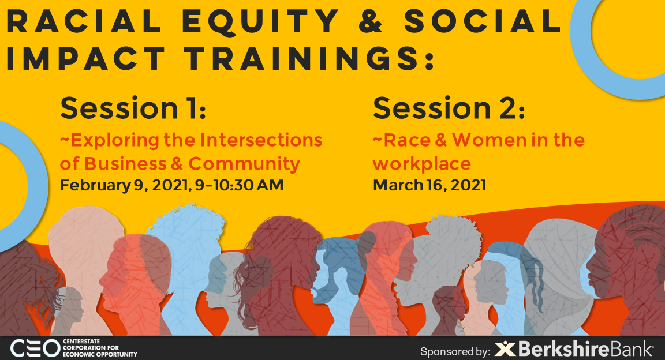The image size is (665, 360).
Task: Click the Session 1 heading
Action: (133, 108)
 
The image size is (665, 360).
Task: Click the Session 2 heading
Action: (449, 108)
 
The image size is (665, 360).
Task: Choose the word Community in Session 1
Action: (244, 163)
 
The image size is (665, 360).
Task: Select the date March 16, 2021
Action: (429, 185)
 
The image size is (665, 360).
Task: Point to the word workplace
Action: (421, 164)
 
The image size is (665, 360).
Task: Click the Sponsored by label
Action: (455, 351)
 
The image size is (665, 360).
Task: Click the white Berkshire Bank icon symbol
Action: (505, 350)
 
